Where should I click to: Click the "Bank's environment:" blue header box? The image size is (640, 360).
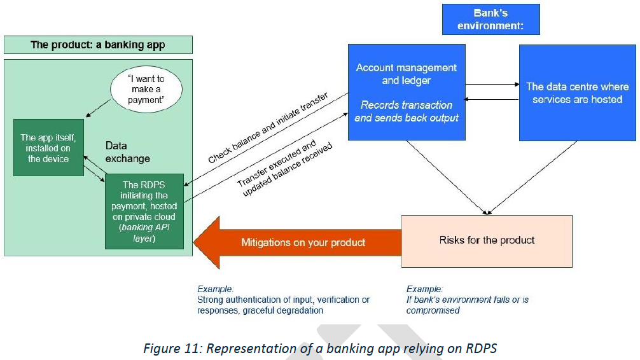[x=490, y=19]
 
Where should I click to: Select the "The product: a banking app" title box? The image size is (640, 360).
[x=98, y=45]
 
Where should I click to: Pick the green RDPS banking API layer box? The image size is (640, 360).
[x=144, y=211]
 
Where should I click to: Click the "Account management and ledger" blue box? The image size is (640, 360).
[x=406, y=92]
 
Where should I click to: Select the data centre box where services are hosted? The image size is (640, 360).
[x=578, y=92]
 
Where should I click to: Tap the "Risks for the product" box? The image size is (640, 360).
[x=487, y=240]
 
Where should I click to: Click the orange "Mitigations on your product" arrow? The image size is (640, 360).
[x=299, y=242]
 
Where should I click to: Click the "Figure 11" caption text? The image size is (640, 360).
[x=320, y=349]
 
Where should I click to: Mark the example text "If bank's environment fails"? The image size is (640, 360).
[x=468, y=300]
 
